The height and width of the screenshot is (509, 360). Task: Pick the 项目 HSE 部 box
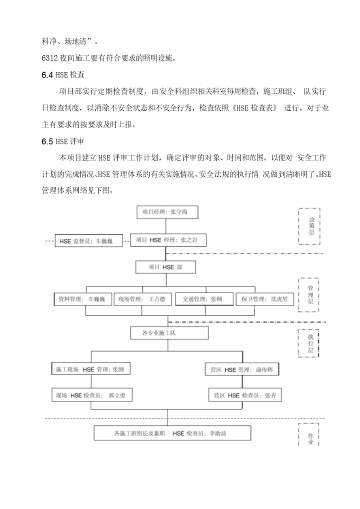click(x=165, y=267)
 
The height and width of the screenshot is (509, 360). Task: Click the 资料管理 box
click(x=81, y=299)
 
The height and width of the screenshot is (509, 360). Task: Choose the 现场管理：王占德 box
click(x=142, y=299)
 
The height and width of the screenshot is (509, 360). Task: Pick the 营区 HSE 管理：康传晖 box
click(x=242, y=369)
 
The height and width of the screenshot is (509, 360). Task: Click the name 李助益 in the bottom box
click(x=216, y=433)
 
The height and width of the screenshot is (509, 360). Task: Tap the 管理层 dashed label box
click(x=310, y=295)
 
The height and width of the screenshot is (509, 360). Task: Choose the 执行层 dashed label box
click(x=310, y=343)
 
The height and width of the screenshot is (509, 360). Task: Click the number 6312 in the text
click(x=50, y=58)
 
